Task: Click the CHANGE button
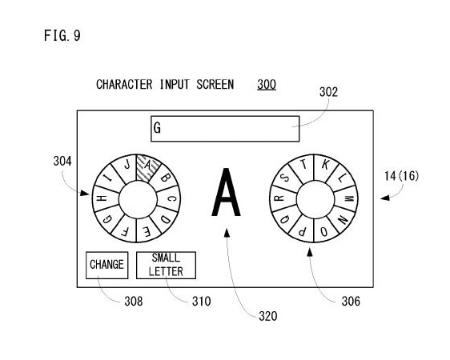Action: (x=107, y=265)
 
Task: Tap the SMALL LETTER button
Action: (x=167, y=265)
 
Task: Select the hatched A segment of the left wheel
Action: (x=147, y=168)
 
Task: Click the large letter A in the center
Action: (x=226, y=192)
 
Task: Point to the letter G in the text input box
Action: (x=157, y=128)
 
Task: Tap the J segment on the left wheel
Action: (x=127, y=166)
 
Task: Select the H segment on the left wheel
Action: (x=102, y=198)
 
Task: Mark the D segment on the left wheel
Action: (x=165, y=219)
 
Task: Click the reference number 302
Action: (x=328, y=92)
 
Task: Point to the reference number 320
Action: (x=267, y=317)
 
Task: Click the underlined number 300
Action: (x=267, y=85)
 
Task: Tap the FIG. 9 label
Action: (x=62, y=36)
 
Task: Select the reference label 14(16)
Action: (x=401, y=176)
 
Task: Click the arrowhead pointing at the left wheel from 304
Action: (x=85, y=193)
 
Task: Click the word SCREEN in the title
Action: (x=215, y=85)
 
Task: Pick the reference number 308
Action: (x=134, y=302)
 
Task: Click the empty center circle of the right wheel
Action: (x=315, y=199)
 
